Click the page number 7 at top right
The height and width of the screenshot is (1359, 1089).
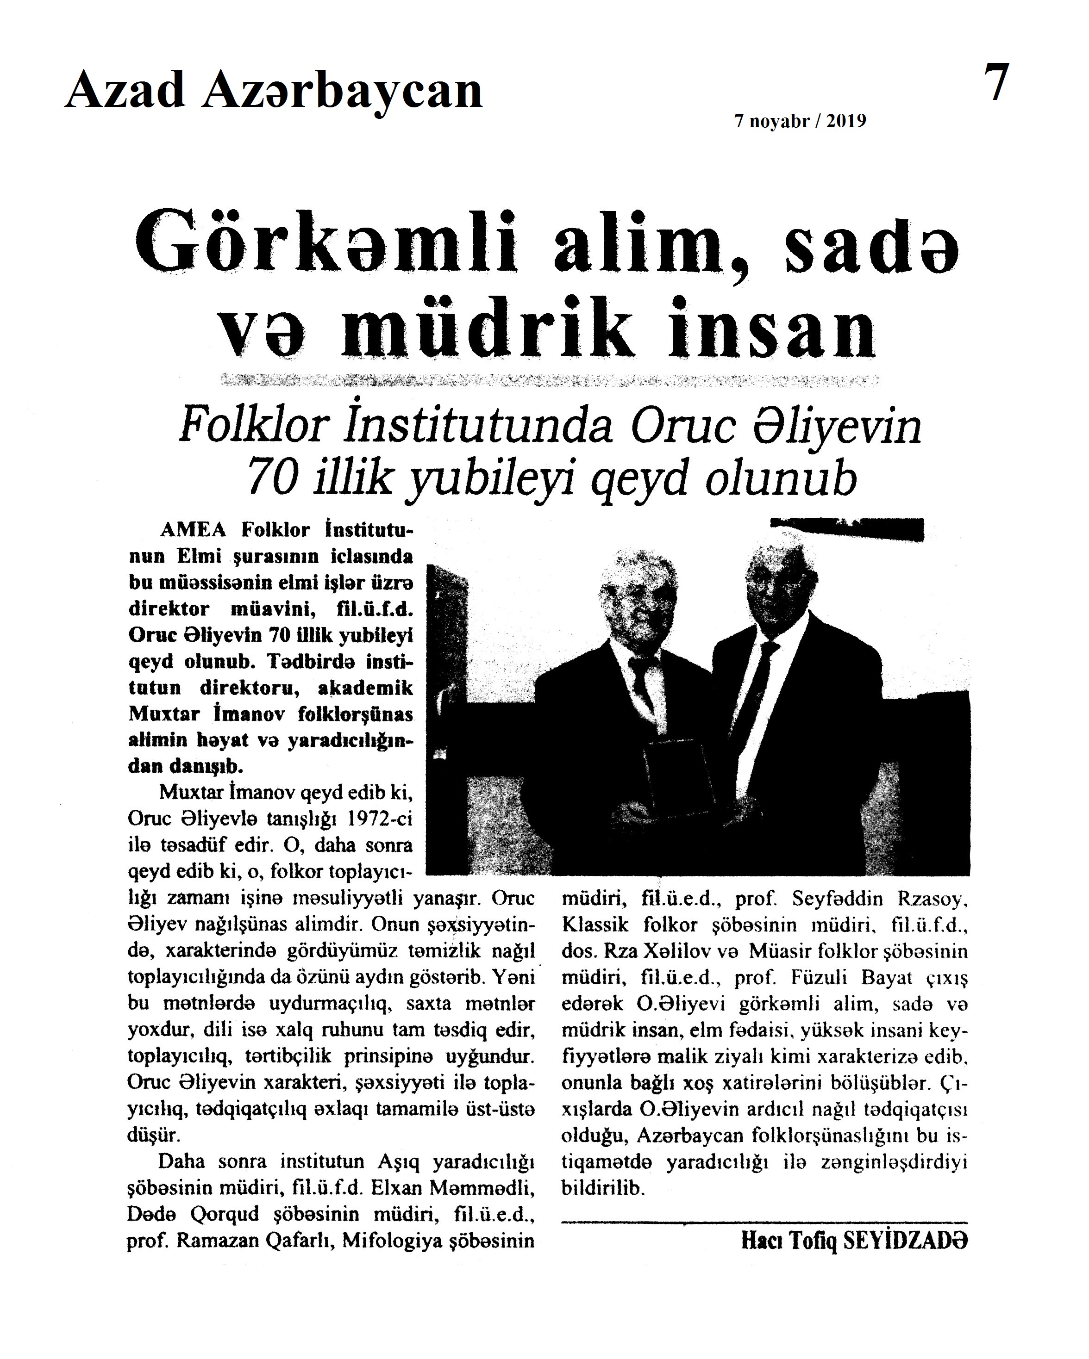[x=996, y=82]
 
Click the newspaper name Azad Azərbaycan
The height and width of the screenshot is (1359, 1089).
[x=273, y=90]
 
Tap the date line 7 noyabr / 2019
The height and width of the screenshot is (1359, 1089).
[x=800, y=121]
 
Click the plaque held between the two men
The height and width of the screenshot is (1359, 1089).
[x=678, y=776]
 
